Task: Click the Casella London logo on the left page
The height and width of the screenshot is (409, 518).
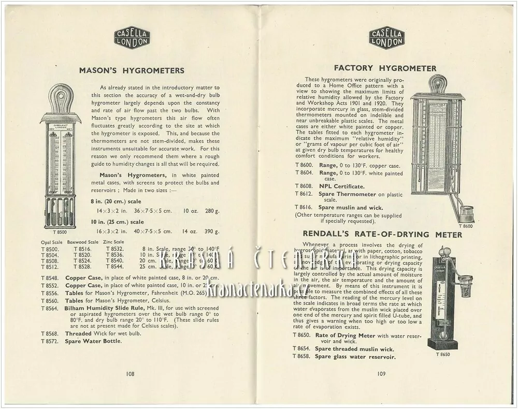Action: pyautogui.click(x=132, y=38)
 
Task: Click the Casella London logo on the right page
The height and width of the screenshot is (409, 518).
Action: pyautogui.click(x=386, y=38)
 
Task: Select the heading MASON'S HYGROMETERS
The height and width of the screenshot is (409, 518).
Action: pyautogui.click(x=132, y=70)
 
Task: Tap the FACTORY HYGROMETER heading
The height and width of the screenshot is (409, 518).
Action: pyautogui.click(x=385, y=68)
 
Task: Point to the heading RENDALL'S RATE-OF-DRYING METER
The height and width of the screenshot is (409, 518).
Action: pyautogui.click(x=382, y=235)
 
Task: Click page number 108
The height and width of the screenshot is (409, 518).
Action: pyautogui.click(x=130, y=373)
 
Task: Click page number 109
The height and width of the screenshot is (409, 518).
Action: pyautogui.click(x=381, y=373)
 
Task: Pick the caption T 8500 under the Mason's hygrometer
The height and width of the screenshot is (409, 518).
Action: pyautogui.click(x=60, y=232)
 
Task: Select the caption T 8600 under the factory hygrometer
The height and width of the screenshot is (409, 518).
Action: pyautogui.click(x=465, y=226)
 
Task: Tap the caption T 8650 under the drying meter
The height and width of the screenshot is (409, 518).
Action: pyautogui.click(x=443, y=354)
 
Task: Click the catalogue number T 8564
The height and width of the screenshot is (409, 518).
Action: pyautogui.click(x=50, y=308)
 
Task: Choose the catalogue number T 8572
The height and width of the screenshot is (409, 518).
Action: pyautogui.click(x=50, y=341)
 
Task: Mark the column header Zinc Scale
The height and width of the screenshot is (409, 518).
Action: pyautogui.click(x=113, y=242)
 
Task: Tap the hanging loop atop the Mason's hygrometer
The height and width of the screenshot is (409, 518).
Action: pyautogui.click(x=61, y=97)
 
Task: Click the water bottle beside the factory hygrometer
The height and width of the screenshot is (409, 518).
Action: pyautogui.click(x=466, y=213)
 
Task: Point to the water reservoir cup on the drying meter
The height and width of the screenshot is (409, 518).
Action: pyautogui.click(x=466, y=285)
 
